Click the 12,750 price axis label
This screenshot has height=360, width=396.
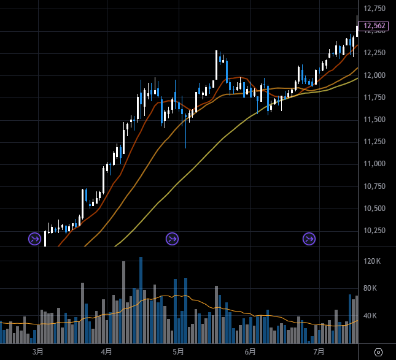click(375, 9)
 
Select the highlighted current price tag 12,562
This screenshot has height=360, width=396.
click(374, 26)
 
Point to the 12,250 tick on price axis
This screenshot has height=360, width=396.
click(375, 53)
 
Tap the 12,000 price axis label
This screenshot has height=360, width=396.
click(375, 75)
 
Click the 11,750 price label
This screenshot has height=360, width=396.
click(375, 98)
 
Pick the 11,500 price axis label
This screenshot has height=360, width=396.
click(375, 120)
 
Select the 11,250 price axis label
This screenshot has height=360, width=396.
click(375, 142)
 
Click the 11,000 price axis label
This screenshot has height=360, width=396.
click(375, 164)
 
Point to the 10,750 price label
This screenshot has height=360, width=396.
click(375, 186)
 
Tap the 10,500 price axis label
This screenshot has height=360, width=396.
click(375, 209)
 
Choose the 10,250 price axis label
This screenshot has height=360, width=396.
click(375, 231)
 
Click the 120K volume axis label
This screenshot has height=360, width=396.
click(373, 261)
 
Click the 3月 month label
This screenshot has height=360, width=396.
click(38, 352)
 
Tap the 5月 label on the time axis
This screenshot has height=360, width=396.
click(178, 352)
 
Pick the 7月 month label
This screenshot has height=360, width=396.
click(319, 352)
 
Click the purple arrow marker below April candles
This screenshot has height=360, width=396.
click(172, 239)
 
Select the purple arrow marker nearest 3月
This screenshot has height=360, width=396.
click(34, 239)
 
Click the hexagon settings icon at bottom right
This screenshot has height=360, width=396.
click(378, 352)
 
